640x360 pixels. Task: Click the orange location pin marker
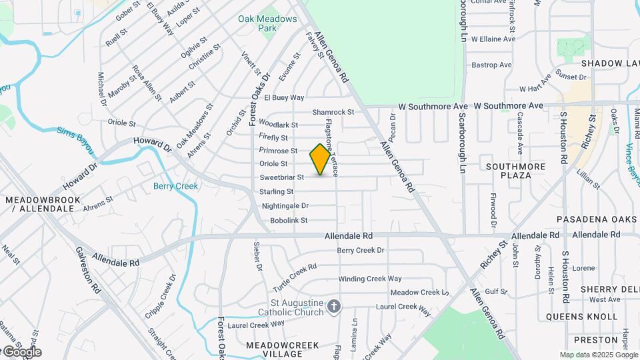point(321,159)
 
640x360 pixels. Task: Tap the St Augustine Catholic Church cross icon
point(334,307)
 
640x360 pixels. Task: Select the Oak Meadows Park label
point(267,23)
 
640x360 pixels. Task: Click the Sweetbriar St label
point(281,177)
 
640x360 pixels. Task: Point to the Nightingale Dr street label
point(285,206)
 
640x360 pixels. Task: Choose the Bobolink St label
point(284,220)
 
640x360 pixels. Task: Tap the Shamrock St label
point(333,112)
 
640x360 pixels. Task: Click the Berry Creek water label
point(175,186)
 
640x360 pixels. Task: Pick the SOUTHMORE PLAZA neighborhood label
point(516,171)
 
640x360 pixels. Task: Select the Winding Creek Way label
point(370,279)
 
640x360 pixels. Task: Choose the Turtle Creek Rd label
point(294,276)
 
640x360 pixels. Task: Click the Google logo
point(22,352)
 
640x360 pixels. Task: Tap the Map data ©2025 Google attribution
point(598,355)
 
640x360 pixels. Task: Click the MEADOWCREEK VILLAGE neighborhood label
point(284,349)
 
